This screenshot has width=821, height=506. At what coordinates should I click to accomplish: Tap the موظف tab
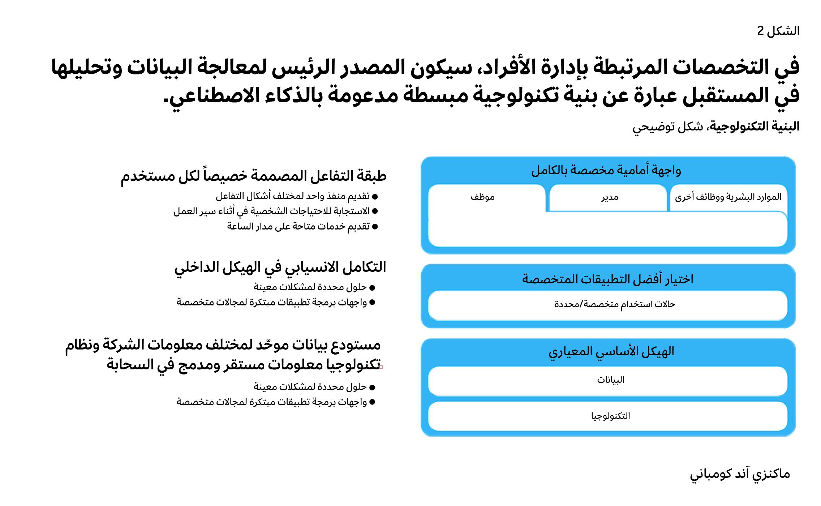482,197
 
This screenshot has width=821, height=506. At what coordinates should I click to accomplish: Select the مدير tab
610,197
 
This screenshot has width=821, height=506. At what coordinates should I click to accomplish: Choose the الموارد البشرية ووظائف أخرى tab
728,197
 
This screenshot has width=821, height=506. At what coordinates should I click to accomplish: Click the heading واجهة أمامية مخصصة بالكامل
606,170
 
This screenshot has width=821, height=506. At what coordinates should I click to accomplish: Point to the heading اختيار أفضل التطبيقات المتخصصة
607,279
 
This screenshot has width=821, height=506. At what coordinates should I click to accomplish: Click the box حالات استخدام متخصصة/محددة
615,304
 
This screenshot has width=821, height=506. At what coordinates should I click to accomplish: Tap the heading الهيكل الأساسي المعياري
611,351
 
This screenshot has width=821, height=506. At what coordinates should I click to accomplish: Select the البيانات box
610,380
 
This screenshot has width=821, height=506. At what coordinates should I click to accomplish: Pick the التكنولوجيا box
610,416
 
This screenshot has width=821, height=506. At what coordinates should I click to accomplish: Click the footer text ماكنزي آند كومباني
740,474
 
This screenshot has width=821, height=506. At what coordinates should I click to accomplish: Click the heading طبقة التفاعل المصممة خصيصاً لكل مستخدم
253,176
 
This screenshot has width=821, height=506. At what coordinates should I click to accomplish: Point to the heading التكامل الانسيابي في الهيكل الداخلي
280,267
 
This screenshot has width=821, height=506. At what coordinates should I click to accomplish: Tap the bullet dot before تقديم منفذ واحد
375,197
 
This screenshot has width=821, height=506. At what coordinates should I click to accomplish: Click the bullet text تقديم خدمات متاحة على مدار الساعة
298,227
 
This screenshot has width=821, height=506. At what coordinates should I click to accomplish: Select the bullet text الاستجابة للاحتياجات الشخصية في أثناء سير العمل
271,211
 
